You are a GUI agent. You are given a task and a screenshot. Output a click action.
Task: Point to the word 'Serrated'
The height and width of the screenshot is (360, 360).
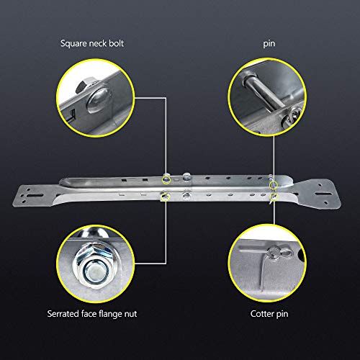[x=66, y=315]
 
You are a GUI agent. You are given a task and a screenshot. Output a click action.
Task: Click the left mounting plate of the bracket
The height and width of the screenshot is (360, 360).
[x=32, y=194]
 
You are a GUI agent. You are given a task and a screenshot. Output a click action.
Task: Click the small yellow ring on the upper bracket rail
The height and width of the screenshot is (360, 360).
[x=166, y=177]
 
